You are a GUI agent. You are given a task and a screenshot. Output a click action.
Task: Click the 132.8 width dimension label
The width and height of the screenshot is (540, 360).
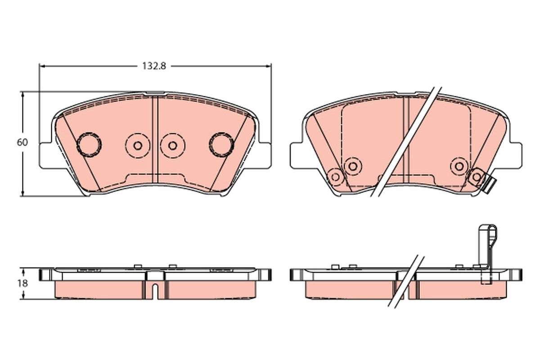point(154,66)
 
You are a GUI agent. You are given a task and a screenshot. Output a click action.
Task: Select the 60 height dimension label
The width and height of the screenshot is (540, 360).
point(22,143)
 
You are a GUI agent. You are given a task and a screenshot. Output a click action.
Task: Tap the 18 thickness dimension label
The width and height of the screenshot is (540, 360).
point(22,283)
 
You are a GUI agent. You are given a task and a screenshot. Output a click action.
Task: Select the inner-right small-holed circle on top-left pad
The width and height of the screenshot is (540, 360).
point(172,145)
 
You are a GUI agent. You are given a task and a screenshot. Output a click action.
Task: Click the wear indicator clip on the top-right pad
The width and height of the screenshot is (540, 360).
point(490,184)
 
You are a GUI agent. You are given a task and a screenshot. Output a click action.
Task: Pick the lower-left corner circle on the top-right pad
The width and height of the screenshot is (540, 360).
point(335,176)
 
